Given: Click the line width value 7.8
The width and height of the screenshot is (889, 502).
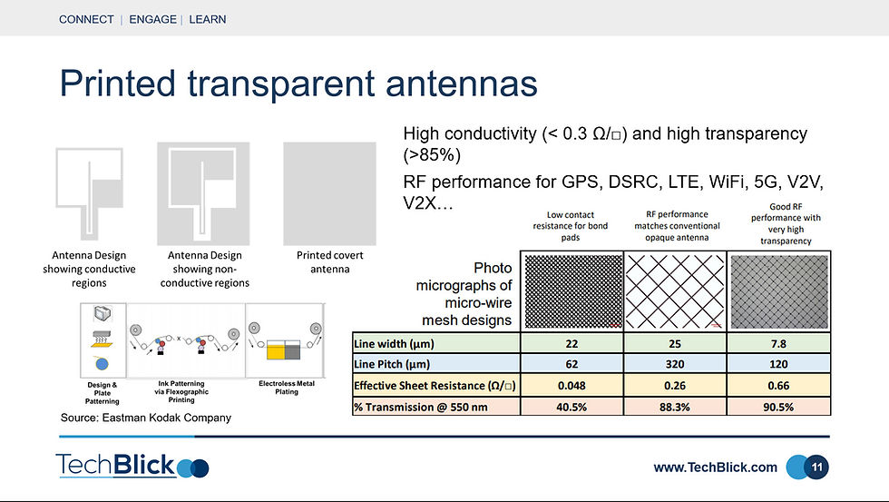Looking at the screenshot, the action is (x=778, y=344).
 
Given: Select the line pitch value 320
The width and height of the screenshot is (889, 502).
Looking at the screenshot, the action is (x=675, y=364).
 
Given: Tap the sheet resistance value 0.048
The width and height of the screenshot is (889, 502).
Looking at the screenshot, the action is (x=571, y=386).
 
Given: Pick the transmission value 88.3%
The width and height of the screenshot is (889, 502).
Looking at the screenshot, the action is (x=675, y=408).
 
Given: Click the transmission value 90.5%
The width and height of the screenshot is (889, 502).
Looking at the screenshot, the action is (x=778, y=408).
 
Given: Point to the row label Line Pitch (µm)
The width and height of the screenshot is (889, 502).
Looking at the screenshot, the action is (x=392, y=364).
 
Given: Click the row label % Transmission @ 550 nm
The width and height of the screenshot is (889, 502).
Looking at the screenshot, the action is (x=421, y=408).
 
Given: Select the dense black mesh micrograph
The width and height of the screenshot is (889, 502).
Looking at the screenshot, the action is (x=572, y=291).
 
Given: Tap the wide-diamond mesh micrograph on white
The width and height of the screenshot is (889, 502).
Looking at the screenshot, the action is (x=675, y=291).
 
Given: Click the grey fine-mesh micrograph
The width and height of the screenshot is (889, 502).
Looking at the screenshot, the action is (x=779, y=291).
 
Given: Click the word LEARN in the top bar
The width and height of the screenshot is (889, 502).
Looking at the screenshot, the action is (x=208, y=19).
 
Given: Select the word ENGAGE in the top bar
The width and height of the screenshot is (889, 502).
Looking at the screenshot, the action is (x=153, y=19).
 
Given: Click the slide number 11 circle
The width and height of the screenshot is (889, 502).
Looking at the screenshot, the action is (x=816, y=468).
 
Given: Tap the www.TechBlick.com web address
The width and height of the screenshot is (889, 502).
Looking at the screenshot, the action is (x=715, y=468).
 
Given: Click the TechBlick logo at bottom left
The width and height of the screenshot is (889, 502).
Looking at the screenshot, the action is (x=132, y=466).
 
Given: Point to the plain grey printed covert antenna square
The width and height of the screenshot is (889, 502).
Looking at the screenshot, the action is (x=329, y=193).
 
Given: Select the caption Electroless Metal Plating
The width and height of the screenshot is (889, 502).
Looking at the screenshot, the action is (x=287, y=388).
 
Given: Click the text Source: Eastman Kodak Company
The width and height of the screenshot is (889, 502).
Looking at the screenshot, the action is (x=146, y=418).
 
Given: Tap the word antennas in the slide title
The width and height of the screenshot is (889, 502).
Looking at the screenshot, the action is (x=462, y=84).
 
